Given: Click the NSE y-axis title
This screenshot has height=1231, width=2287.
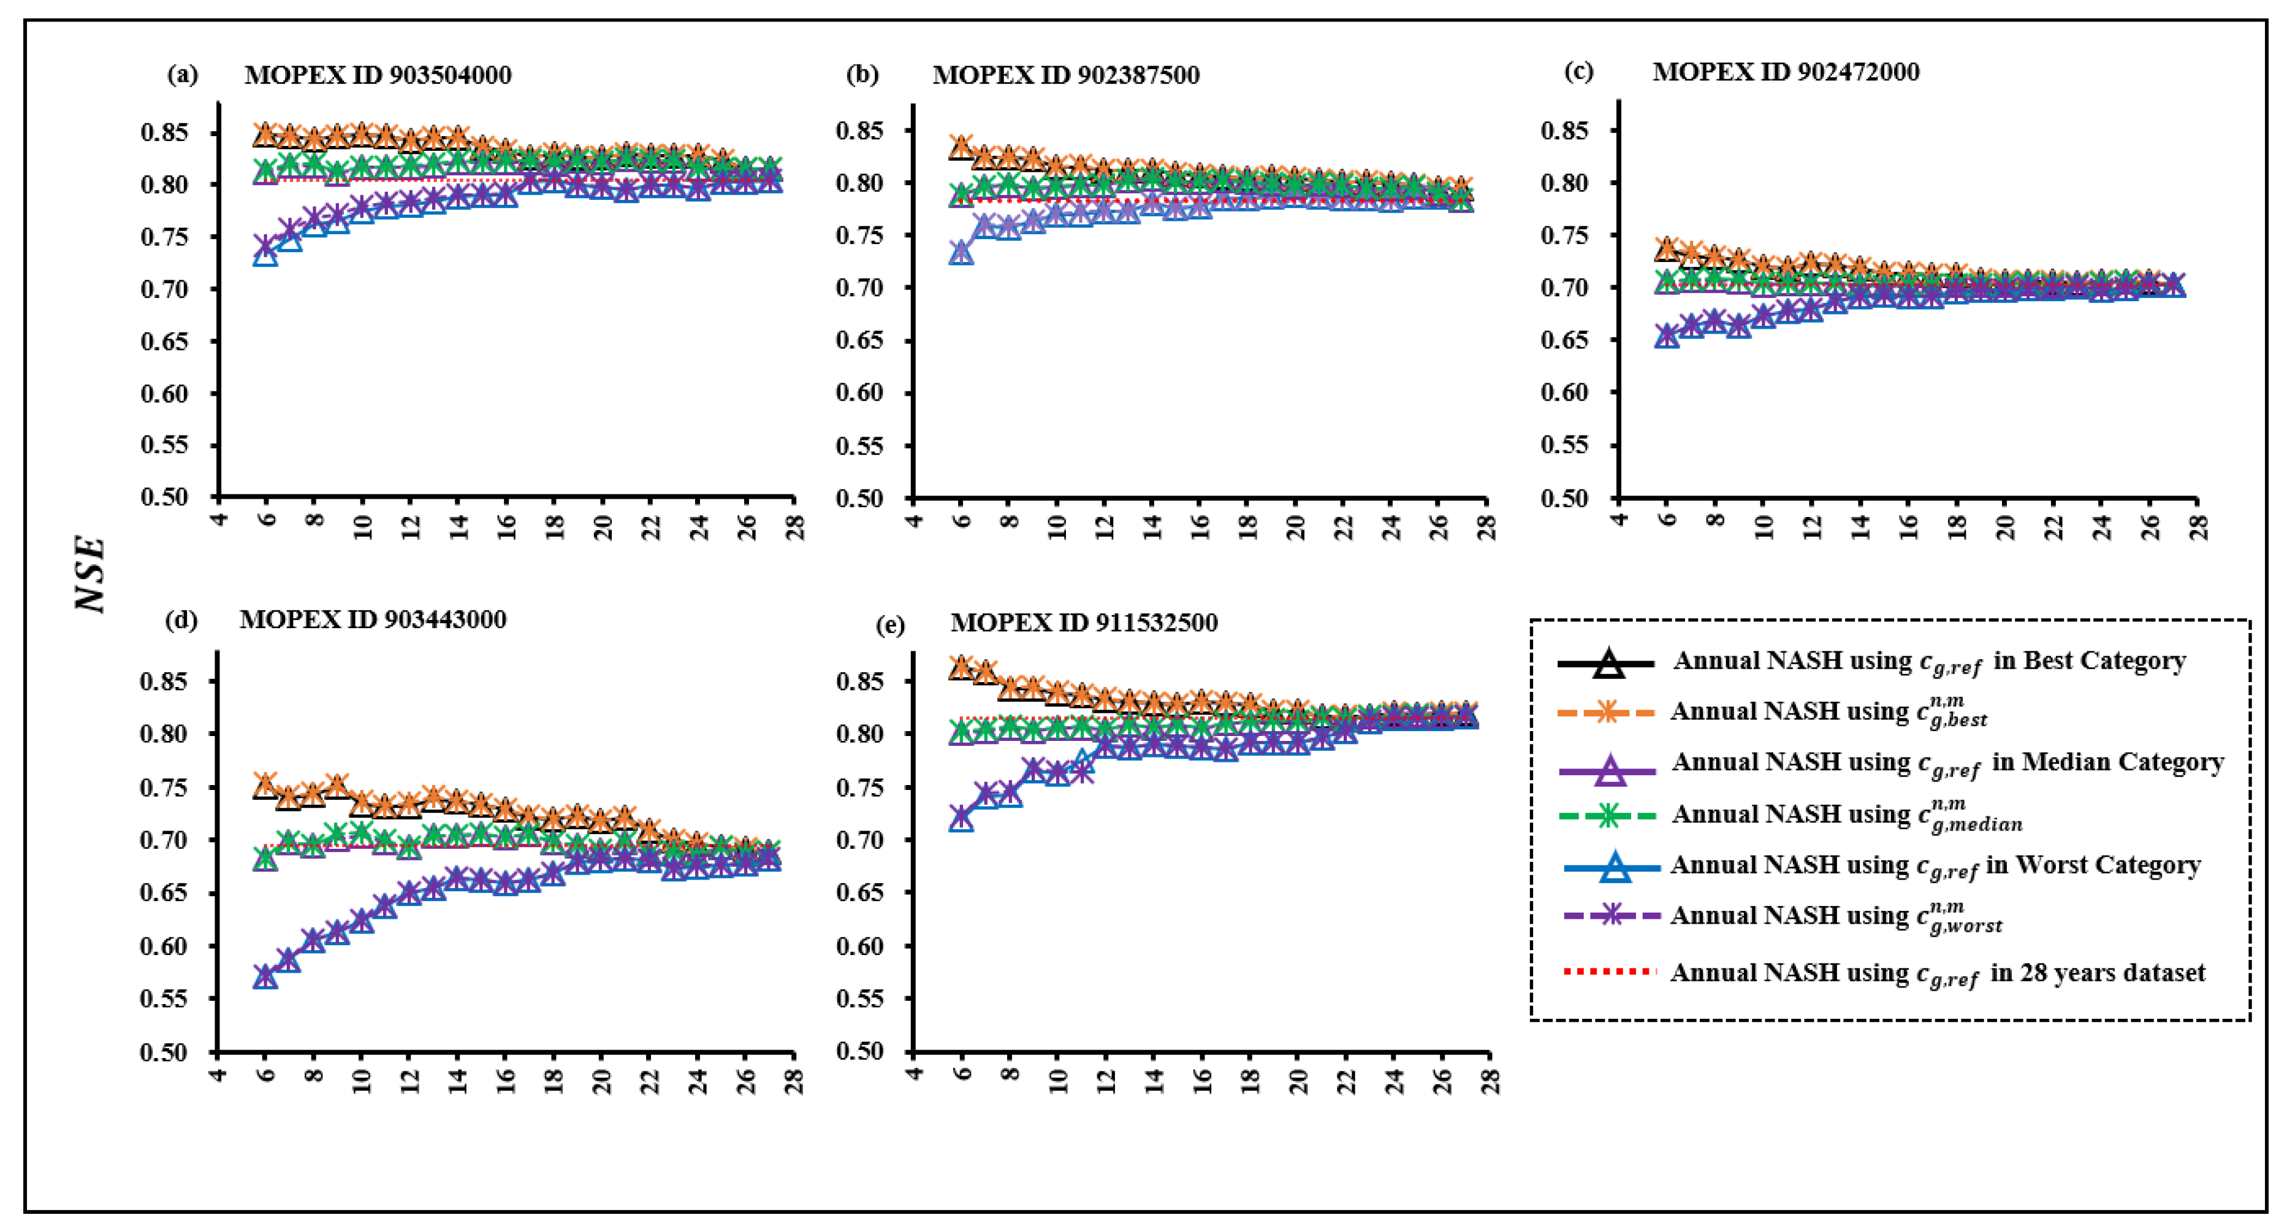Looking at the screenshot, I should (x=91, y=573).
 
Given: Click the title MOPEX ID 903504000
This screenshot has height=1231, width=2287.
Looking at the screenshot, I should (x=378, y=75).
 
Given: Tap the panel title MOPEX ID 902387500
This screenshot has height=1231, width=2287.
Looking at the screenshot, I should (x=1065, y=75).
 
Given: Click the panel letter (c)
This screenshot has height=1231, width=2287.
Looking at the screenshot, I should (x=1578, y=71).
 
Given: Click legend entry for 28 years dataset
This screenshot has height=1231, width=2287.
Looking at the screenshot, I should (x=1937, y=973).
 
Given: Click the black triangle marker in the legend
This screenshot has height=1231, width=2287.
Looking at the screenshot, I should (x=1608, y=664).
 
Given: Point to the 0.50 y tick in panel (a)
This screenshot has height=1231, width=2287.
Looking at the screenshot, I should (x=164, y=497).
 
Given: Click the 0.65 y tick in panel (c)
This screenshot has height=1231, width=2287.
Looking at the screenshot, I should (x=1564, y=340).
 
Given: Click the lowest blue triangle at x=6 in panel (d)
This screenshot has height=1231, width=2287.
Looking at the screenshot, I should (x=265, y=978).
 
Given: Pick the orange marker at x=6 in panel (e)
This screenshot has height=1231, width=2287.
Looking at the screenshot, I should (x=961, y=665).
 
